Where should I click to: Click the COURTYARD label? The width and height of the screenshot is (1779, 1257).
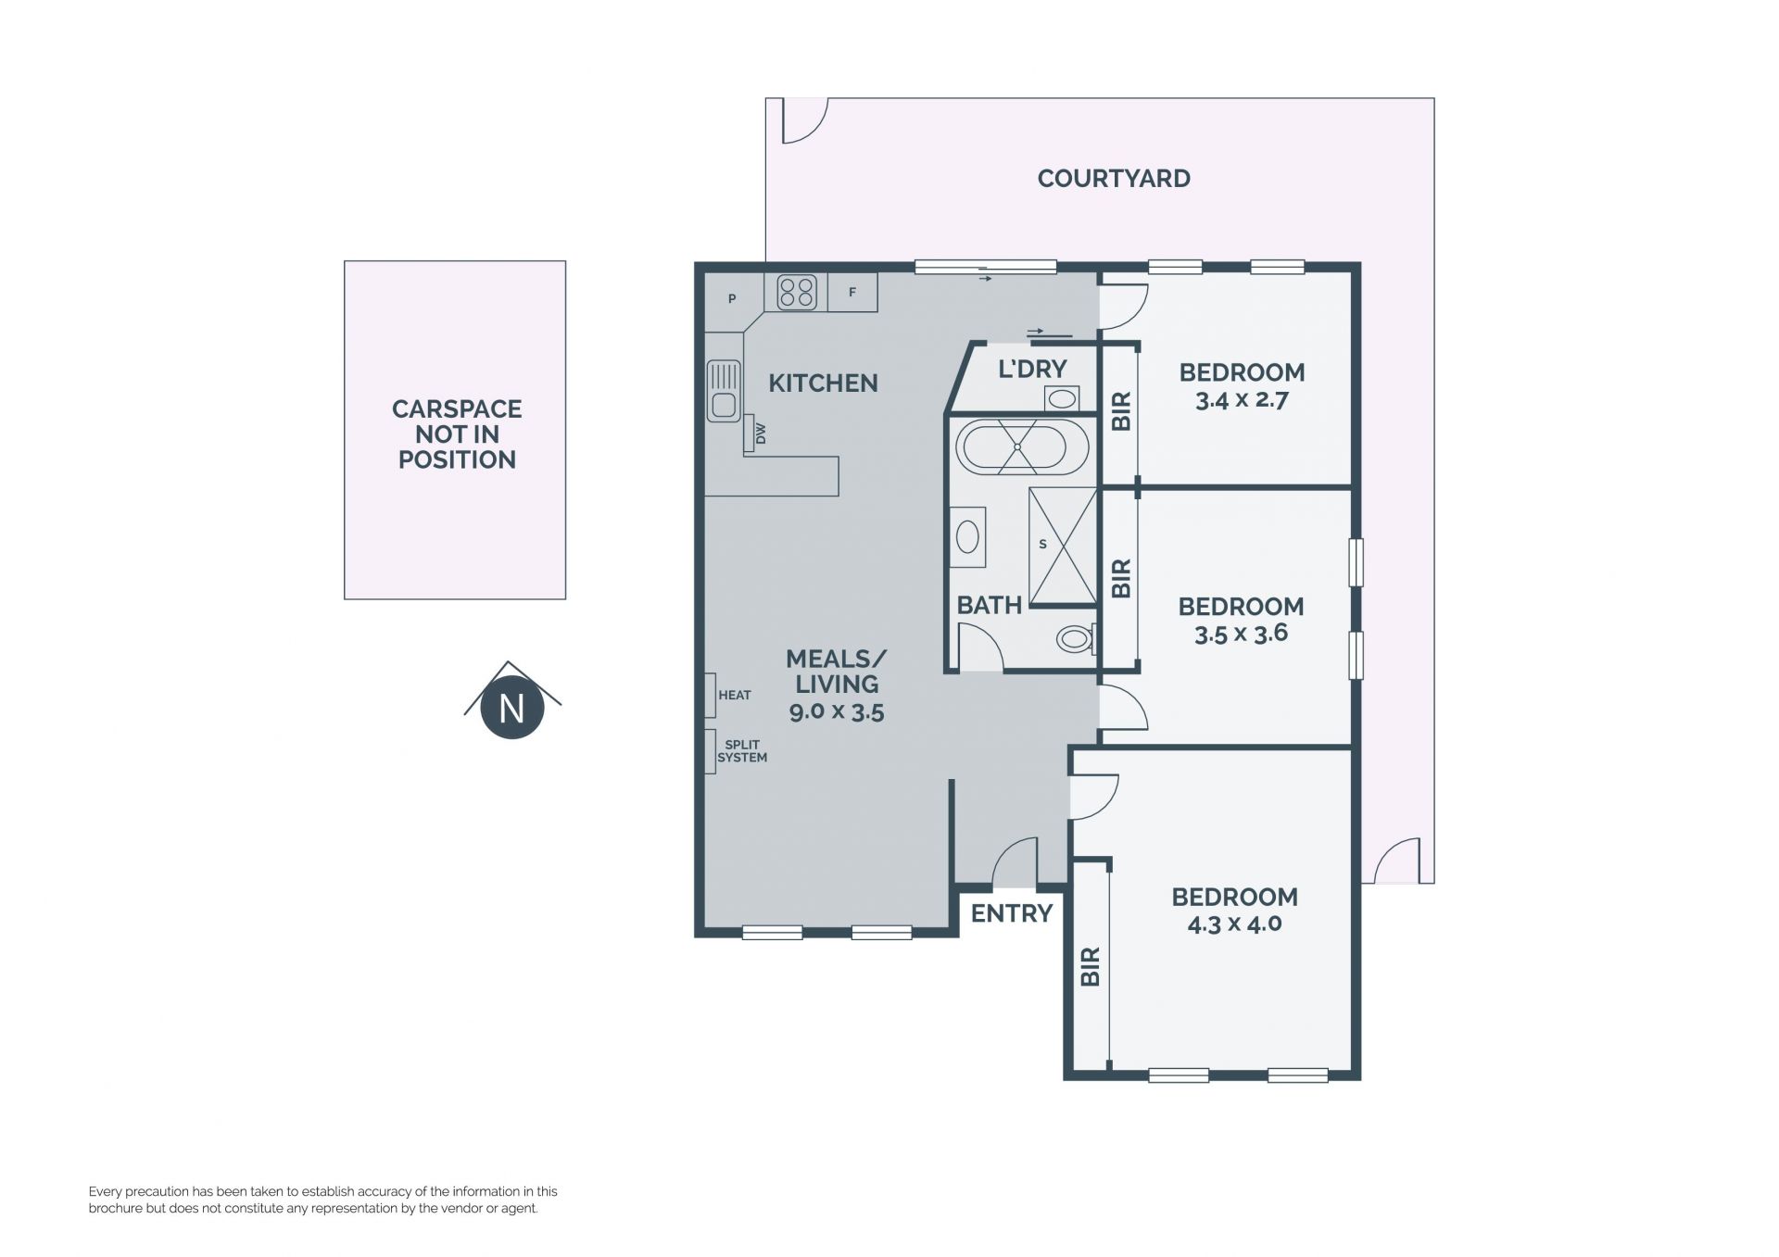[1114, 179]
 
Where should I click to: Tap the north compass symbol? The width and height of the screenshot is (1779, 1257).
[512, 701]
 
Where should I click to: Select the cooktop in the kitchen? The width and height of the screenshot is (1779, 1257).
[797, 293]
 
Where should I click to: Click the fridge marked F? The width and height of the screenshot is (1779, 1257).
[852, 293]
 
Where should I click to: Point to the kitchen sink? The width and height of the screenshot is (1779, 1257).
[724, 390]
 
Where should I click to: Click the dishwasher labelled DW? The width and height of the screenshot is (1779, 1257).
[755, 434]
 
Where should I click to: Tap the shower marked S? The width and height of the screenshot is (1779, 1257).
[1063, 546]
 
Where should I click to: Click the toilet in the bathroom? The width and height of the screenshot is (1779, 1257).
[1077, 637]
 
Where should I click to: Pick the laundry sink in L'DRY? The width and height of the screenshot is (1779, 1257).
[1063, 398]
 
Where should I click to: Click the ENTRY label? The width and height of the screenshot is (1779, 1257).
[1012, 914]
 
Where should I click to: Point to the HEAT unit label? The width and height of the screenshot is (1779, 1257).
[735, 696]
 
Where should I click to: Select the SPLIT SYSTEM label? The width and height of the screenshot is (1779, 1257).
[742, 751]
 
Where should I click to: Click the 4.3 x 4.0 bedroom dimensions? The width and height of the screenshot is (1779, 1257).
[1234, 924]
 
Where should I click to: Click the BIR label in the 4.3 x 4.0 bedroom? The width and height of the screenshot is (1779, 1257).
[1091, 966]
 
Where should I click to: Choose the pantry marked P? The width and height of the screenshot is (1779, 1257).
[732, 299]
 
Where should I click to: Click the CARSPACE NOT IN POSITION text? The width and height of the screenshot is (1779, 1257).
[457, 434]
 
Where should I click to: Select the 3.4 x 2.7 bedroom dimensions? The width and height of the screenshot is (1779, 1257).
[1242, 401]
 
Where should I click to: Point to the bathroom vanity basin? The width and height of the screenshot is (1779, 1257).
[967, 536]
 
